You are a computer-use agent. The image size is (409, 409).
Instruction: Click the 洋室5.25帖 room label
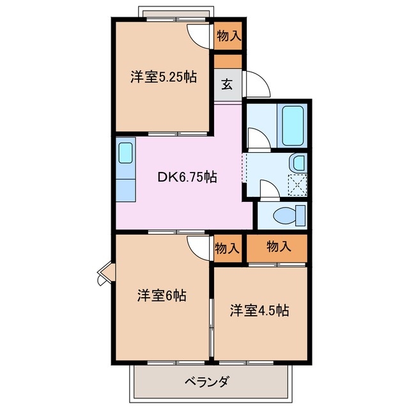[x=163, y=77]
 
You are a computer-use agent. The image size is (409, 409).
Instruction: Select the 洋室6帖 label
[x=161, y=296]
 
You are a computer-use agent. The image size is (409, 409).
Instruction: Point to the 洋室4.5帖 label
[x=259, y=311]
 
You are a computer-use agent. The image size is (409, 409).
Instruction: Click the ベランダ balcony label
[x=206, y=383]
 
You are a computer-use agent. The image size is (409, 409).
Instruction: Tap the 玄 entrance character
[x=227, y=84]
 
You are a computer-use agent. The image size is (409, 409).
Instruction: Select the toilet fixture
[x=291, y=215]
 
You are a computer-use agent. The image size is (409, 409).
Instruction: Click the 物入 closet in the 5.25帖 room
[x=228, y=36]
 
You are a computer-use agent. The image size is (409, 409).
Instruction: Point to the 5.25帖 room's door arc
[x=198, y=35]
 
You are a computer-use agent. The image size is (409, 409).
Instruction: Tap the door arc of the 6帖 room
[x=199, y=247]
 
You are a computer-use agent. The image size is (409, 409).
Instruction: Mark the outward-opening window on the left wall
[x=103, y=274]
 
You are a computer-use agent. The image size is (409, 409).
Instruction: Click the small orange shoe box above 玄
[x=228, y=62]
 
